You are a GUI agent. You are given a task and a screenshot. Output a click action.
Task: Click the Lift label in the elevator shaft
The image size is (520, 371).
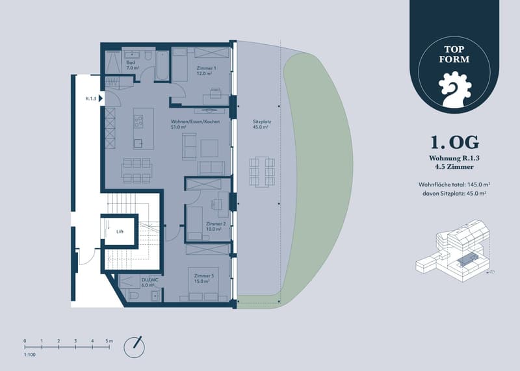(120, 231)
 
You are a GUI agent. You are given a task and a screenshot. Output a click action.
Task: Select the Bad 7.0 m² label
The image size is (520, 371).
(133, 65)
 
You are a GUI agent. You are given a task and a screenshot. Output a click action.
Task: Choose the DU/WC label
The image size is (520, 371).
(150, 279)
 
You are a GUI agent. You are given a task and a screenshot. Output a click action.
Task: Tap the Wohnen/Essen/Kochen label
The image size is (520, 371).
(195, 122)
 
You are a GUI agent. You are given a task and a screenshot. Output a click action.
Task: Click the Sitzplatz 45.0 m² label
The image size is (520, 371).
(262, 124)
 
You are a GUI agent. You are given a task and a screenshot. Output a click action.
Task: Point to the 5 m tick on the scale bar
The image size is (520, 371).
(109, 347)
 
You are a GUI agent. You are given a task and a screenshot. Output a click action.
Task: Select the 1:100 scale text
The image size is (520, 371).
(29, 354)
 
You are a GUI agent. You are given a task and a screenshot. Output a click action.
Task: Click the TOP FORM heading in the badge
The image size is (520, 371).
(454, 55)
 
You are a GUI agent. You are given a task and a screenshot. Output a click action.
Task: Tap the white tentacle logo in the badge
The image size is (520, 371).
(454, 90)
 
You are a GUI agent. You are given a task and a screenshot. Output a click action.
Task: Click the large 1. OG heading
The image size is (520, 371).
(454, 142)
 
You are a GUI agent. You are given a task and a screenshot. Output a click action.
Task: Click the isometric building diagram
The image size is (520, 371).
(452, 251)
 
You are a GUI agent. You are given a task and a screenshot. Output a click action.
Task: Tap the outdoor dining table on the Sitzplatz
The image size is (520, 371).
(262, 172)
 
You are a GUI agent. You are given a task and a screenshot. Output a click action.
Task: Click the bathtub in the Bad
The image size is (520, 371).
(162, 66)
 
